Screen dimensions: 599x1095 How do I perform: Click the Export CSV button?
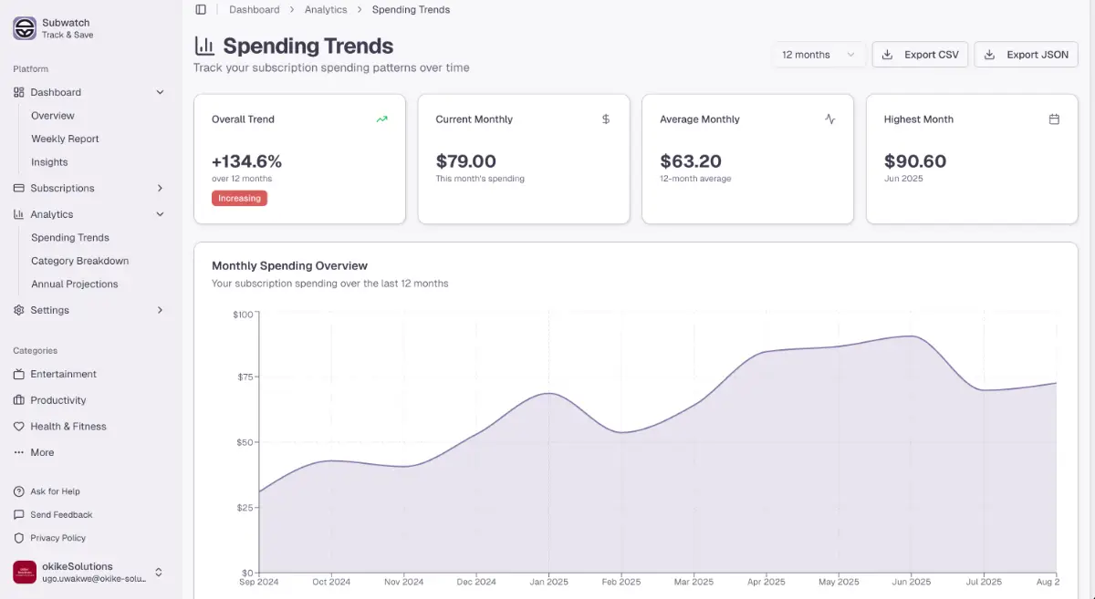(x=919, y=55)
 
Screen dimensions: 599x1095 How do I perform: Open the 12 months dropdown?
(x=818, y=55)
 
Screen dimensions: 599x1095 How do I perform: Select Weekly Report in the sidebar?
(x=65, y=139)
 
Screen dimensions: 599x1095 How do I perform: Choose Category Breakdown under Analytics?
(x=79, y=261)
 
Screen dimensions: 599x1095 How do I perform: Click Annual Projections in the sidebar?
(x=74, y=284)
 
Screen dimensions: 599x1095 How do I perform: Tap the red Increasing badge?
(x=239, y=198)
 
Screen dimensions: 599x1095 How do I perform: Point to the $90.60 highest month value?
(x=915, y=161)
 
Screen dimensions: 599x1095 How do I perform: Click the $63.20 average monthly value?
(x=691, y=161)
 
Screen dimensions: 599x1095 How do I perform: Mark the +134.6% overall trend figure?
(x=246, y=161)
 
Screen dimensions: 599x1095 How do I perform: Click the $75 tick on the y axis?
(x=244, y=377)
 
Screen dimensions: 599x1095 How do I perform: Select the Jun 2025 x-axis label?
(x=910, y=582)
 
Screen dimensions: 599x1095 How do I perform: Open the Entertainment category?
(x=63, y=374)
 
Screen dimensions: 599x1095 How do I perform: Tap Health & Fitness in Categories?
(x=68, y=426)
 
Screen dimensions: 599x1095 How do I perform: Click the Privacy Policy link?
(x=57, y=538)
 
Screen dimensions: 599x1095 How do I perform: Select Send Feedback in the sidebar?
(x=61, y=514)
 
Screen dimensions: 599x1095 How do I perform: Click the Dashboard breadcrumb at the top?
(x=255, y=10)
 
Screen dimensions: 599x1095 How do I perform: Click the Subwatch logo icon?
(x=25, y=28)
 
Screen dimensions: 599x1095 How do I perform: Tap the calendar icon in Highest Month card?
(x=1054, y=119)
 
